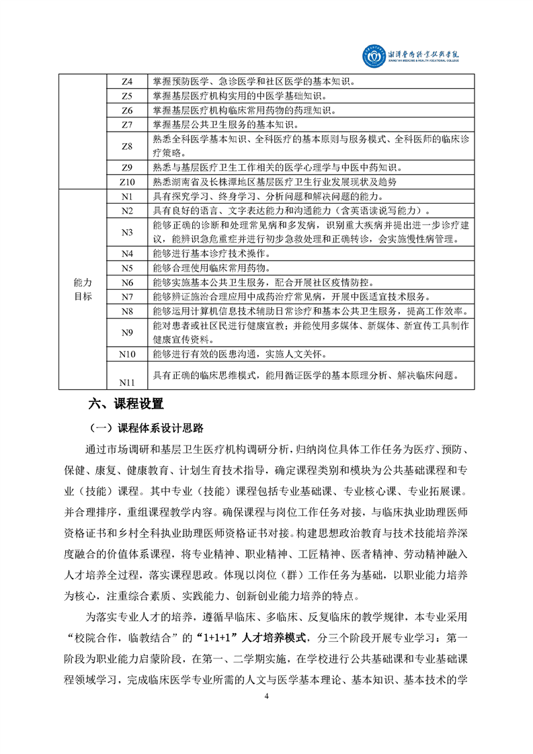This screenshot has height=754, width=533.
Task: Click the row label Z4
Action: pos(127,82)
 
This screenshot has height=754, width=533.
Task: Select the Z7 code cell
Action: pos(127,125)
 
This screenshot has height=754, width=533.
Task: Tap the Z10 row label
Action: pos(127,182)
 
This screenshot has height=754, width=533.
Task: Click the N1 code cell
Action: pos(127,196)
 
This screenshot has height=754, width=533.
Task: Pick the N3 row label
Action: pos(127,232)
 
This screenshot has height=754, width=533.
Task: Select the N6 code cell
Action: pos(127,282)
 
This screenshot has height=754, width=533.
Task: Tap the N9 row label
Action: pos(127,332)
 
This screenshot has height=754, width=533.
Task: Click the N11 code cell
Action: pos(127,382)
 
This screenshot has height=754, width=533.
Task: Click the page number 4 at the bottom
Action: pos(267,696)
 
